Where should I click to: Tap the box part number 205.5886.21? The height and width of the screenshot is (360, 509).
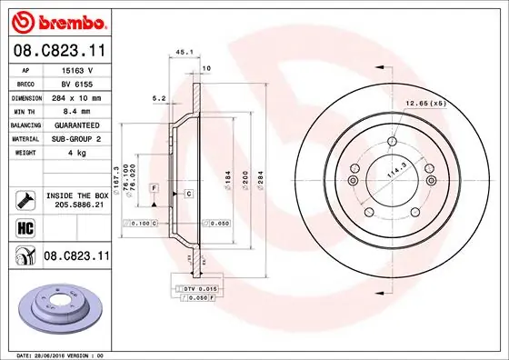click(x=75, y=206)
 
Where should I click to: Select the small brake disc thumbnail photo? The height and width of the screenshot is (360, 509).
click(x=55, y=307)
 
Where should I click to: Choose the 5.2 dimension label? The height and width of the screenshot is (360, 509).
click(x=158, y=97)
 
